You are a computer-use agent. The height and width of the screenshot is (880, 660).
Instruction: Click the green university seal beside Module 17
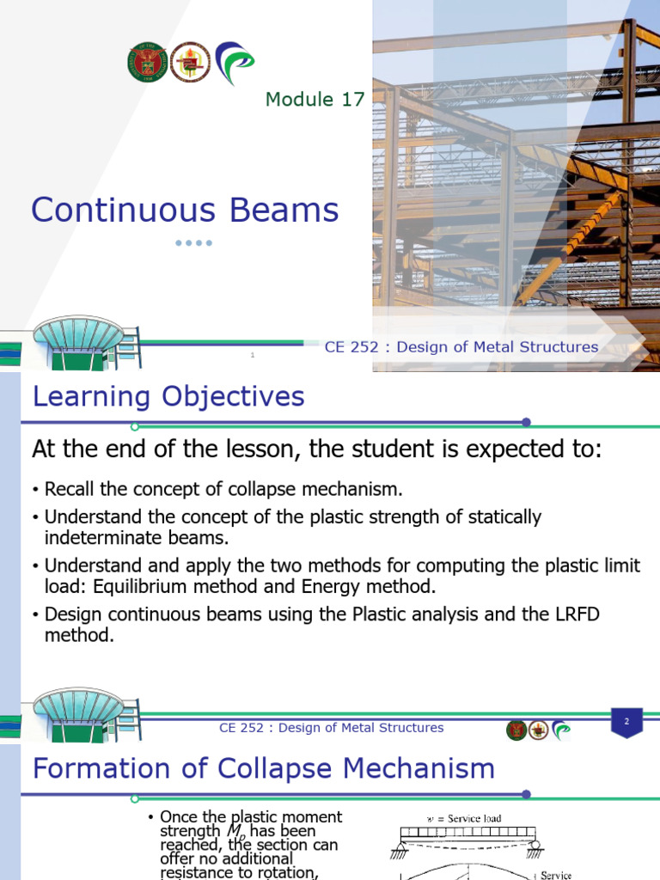coord(147,63)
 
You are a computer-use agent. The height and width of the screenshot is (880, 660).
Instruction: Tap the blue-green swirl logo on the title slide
coord(234,63)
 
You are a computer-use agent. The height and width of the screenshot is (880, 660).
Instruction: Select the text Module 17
coord(315,100)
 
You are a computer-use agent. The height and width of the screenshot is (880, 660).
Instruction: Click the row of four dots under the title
coord(193,243)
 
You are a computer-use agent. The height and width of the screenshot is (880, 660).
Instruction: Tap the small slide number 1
coord(253,354)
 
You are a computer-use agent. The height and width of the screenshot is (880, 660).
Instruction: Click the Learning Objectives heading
coord(168,397)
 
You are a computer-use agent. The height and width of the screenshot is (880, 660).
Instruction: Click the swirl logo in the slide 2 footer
coord(562,730)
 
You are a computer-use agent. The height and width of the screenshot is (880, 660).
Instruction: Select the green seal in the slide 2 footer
coord(516,730)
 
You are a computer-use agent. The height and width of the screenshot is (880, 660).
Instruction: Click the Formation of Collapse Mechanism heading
coord(263,768)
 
